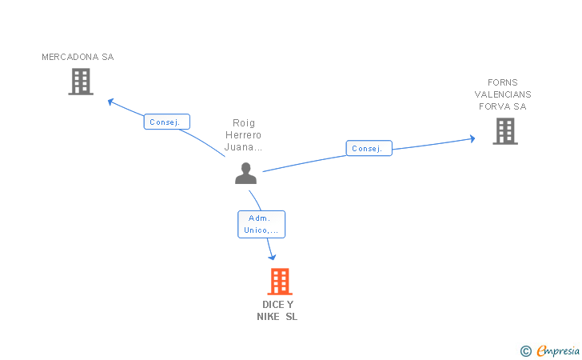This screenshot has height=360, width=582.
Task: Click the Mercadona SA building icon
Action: (x=81, y=82)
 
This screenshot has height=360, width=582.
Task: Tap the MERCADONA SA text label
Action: (x=78, y=57)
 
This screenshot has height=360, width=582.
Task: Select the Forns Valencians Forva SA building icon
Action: (x=505, y=131)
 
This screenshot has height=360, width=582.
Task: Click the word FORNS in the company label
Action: (x=503, y=82)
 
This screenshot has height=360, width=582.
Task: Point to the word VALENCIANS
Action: (x=503, y=94)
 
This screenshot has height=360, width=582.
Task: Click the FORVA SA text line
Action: (x=503, y=106)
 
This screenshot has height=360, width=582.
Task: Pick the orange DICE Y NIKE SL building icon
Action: (x=279, y=282)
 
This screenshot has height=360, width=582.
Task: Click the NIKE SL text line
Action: (x=277, y=317)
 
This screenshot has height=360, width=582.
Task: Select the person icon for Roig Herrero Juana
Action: (x=246, y=173)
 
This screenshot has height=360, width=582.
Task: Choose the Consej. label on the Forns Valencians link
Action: (x=369, y=149)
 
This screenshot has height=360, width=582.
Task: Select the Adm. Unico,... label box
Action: (x=261, y=224)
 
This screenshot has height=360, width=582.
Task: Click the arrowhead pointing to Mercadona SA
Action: (x=111, y=102)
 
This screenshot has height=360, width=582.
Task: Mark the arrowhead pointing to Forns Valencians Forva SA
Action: (x=472, y=138)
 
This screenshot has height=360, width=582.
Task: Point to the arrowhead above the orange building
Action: (x=273, y=256)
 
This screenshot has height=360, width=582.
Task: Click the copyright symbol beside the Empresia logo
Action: (x=525, y=350)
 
